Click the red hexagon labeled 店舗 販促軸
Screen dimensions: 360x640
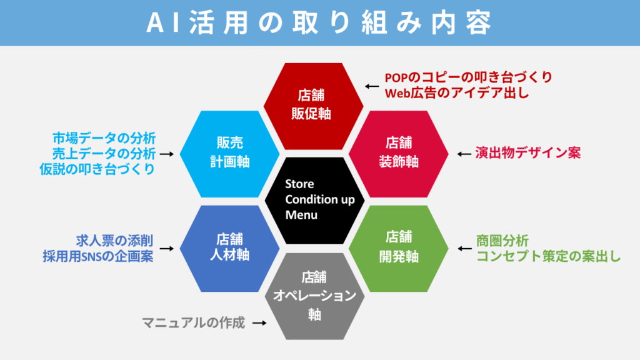pyautogui.click(x=313, y=105)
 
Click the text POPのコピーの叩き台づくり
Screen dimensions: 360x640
pyautogui.click(x=469, y=78)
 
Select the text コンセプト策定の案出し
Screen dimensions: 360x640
pyautogui.click(x=549, y=256)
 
